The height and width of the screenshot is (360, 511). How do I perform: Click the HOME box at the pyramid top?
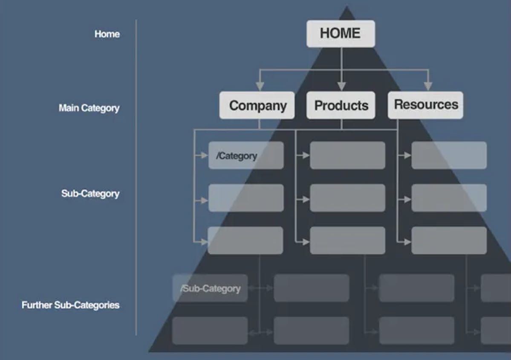pyautogui.click(x=341, y=34)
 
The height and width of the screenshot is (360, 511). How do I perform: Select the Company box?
pyautogui.click(x=257, y=105)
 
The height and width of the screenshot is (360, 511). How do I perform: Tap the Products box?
pyautogui.click(x=341, y=105)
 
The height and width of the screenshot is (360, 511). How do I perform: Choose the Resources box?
pyautogui.click(x=425, y=105)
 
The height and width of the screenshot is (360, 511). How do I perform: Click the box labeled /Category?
pyautogui.click(x=246, y=155)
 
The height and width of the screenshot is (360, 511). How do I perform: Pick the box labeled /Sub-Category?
pyautogui.click(x=210, y=288)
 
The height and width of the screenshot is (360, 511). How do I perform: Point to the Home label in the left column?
pyautogui.click(x=107, y=34)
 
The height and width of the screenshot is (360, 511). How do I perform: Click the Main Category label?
pyautogui.click(x=89, y=108)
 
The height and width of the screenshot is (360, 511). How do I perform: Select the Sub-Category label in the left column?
pyautogui.click(x=90, y=194)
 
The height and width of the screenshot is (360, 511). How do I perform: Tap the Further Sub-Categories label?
pyautogui.click(x=71, y=305)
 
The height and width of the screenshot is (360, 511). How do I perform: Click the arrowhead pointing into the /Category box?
pyautogui.click(x=205, y=156)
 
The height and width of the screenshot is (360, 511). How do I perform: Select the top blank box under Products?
pyautogui.click(x=347, y=155)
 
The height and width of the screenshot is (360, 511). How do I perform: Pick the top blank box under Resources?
pyautogui.click(x=449, y=155)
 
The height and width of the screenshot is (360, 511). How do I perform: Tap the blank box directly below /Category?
pyautogui.click(x=246, y=198)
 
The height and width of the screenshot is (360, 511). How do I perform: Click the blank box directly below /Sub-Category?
pyautogui.click(x=210, y=331)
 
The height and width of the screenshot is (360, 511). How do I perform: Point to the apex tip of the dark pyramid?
pyautogui.click(x=347, y=7)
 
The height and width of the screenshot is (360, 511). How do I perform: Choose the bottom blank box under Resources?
pyautogui.click(x=449, y=241)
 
